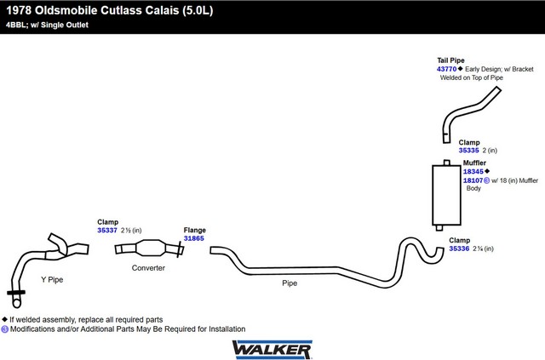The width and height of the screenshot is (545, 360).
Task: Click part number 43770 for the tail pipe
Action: click(447, 68)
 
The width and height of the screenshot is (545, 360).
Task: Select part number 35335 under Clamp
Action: click(469, 151)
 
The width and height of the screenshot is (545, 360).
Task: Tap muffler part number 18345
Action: click(473, 171)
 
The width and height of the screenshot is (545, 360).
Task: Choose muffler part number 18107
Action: click(473, 180)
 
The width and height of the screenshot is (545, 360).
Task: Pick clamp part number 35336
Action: click(459, 249)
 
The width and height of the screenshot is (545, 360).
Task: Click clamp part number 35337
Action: click(107, 230)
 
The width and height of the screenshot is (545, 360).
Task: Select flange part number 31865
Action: click(194, 238)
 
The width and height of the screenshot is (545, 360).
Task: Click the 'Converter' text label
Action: click(148, 267)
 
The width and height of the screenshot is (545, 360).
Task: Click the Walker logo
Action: click(272, 349)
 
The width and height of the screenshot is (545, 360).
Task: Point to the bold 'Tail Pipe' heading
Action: click(451, 60)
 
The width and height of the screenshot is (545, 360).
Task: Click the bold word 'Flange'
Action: click(195, 230)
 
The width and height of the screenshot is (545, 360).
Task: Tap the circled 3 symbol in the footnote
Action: click(5, 329)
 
